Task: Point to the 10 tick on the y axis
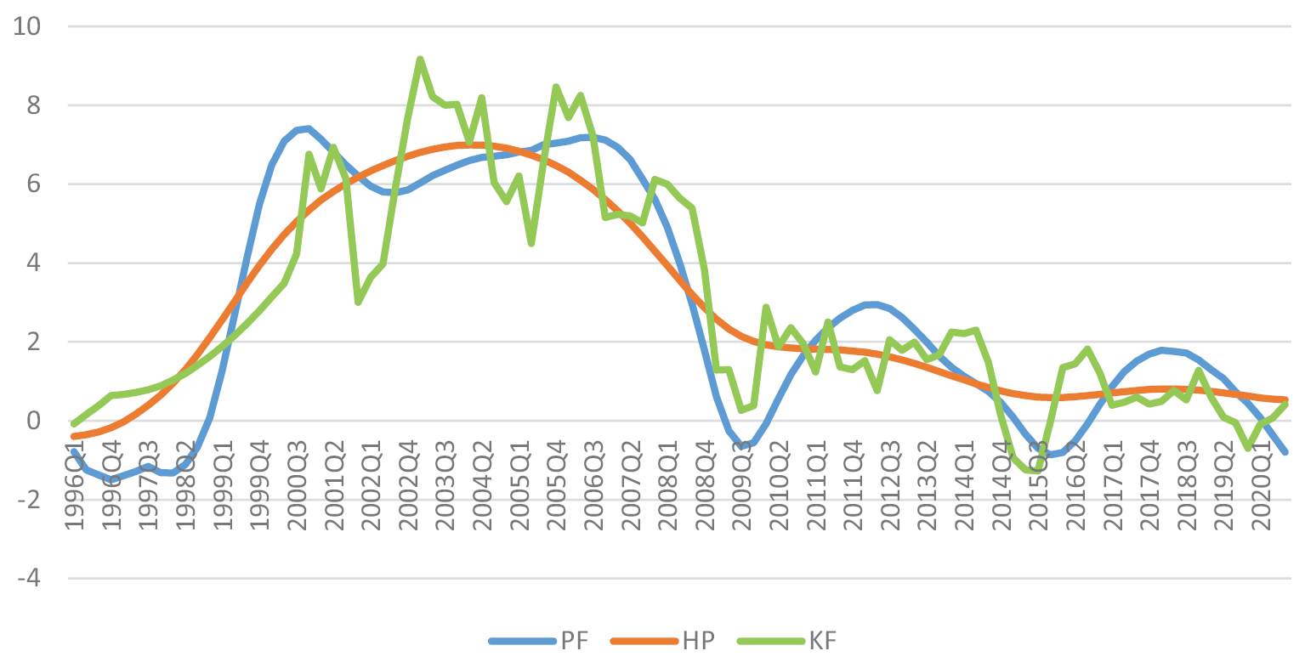point(28,26)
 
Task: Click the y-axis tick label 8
point(33,105)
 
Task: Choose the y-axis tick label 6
point(33,184)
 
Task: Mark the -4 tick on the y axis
point(28,579)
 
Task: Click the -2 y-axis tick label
point(28,500)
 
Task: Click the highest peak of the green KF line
point(420,59)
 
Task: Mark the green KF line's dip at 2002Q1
point(359,303)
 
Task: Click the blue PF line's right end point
point(1285,452)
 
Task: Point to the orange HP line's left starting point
point(74,436)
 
